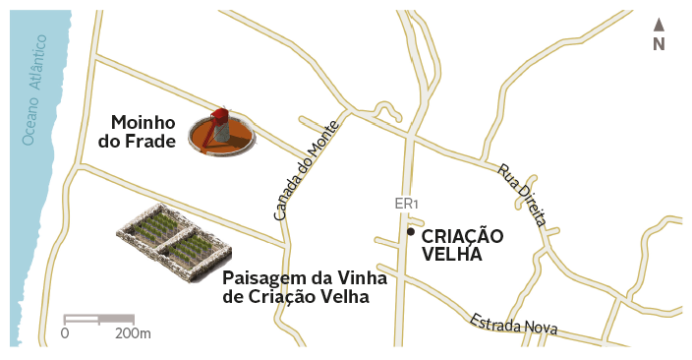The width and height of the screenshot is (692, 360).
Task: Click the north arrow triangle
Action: (659, 25)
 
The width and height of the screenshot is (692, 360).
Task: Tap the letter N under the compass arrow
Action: (659, 43)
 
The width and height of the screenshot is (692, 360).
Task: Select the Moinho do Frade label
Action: (143, 132)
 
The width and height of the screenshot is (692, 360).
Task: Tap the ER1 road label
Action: (406, 204)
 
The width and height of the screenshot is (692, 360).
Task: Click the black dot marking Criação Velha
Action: (410, 232)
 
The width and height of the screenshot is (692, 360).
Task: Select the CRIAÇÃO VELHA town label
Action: (461, 245)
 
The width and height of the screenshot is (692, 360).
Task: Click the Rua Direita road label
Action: (521, 195)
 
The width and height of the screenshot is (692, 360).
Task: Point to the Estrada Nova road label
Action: (513, 324)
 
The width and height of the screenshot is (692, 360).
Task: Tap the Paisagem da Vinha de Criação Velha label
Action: (304, 286)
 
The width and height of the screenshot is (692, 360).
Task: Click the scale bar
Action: (98, 318)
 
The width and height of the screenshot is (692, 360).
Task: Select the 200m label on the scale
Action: (133, 333)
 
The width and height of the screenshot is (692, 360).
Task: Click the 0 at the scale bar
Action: (65, 333)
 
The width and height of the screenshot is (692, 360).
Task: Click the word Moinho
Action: (143, 123)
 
